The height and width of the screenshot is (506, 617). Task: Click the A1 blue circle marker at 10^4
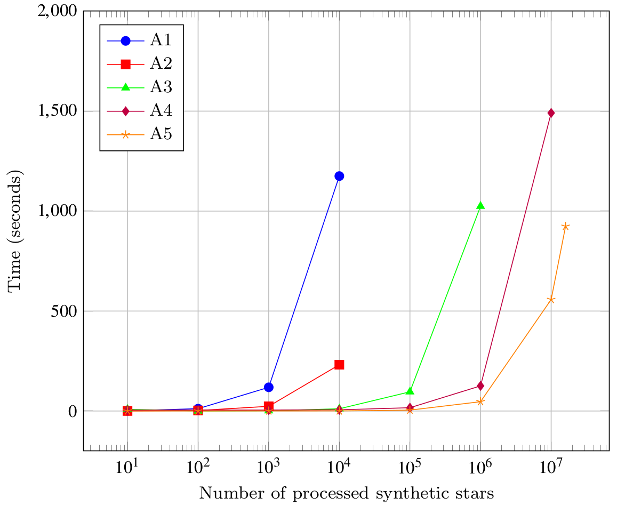[339, 176]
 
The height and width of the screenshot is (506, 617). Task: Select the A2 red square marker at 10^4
[339, 365]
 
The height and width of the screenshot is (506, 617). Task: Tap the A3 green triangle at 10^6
[480, 205]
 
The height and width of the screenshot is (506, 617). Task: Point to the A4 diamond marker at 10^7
[551, 114]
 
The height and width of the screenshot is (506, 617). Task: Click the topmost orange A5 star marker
[565, 226]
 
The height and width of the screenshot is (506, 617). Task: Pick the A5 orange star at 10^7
[551, 300]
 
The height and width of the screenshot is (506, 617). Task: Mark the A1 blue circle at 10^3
[269, 387]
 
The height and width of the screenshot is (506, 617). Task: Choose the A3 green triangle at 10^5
[410, 391]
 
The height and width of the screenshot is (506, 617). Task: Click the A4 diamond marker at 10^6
[480, 386]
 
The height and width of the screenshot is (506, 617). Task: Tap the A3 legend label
[161, 87]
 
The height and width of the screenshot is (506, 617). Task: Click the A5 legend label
[161, 134]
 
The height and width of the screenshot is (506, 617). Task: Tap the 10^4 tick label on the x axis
[339, 467]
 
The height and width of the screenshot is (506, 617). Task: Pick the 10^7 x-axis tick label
[551, 467]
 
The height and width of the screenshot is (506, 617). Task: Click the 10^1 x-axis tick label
[127, 467]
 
